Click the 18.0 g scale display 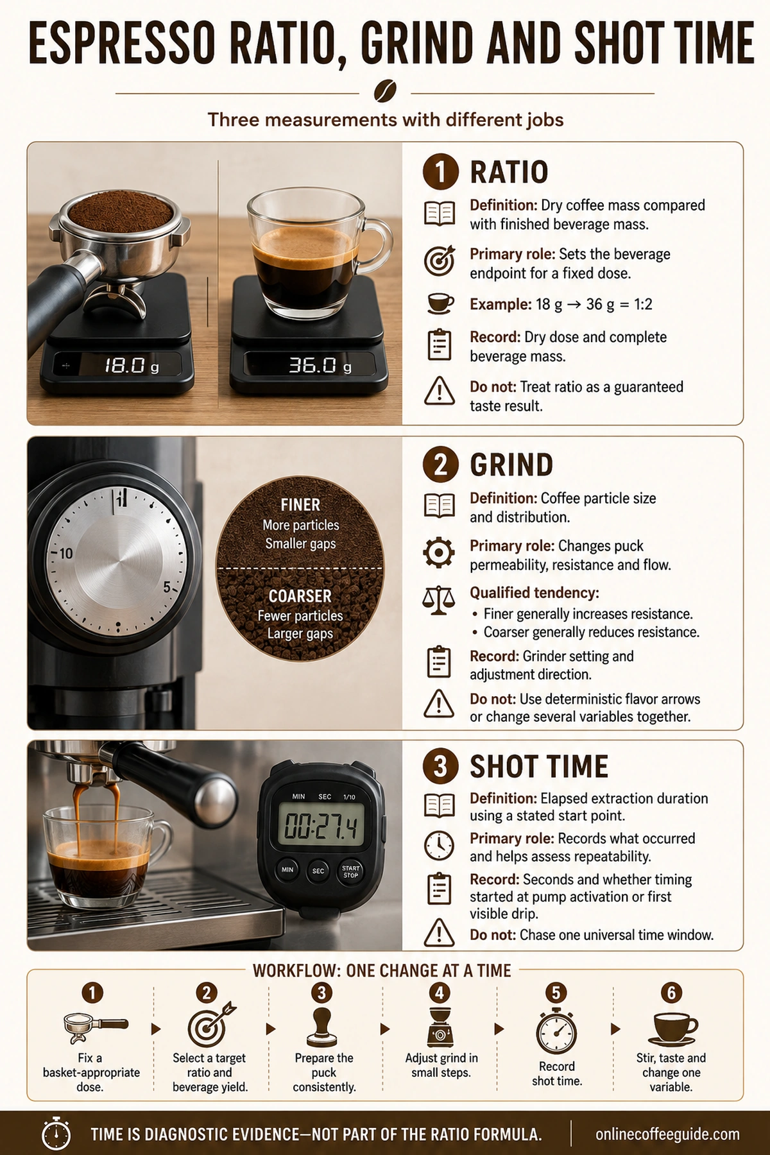[117, 366]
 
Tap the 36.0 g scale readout [309, 365]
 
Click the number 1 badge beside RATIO [440, 172]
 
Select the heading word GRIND [511, 465]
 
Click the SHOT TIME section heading [539, 767]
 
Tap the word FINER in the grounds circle [300, 505]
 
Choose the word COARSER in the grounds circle [300, 596]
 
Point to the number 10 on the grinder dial [66, 553]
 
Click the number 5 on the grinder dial [167, 587]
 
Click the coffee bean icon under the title [385, 90]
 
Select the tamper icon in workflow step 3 [321, 1027]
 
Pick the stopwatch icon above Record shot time [556, 1031]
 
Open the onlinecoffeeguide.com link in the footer [667, 1134]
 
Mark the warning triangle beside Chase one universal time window [440, 933]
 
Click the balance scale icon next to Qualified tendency [439, 601]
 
